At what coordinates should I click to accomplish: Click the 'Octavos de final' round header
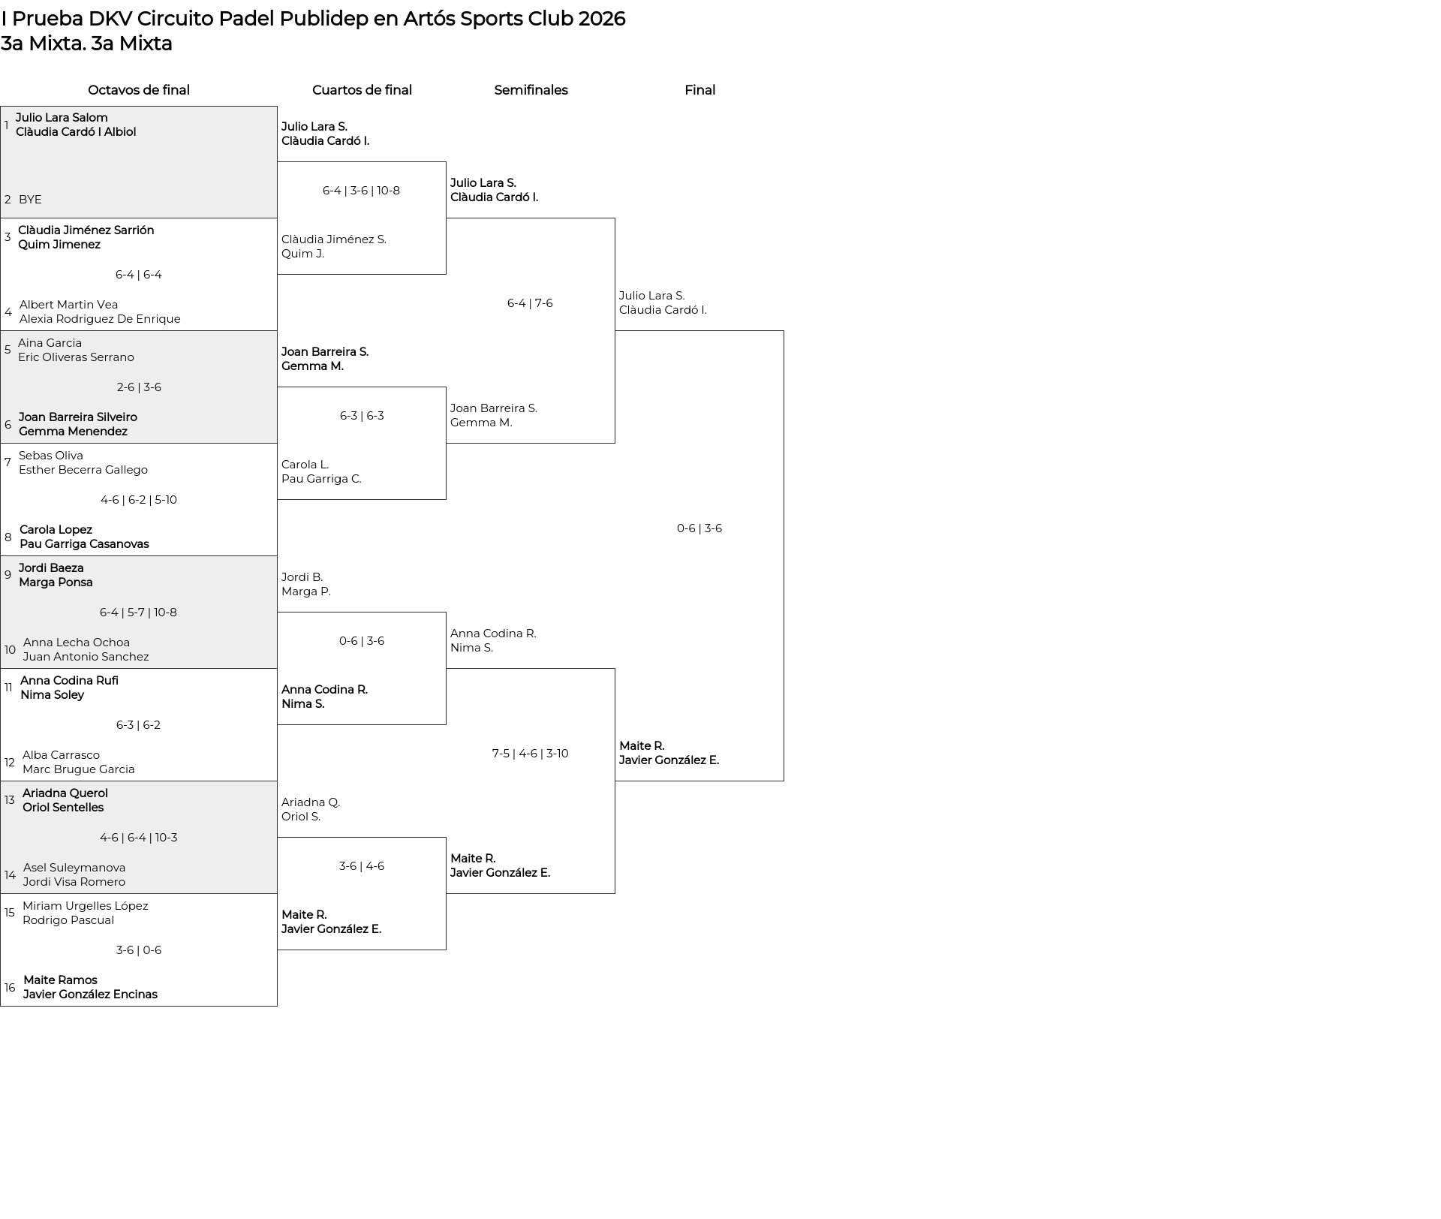(x=139, y=90)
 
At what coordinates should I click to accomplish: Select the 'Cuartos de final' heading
(x=362, y=90)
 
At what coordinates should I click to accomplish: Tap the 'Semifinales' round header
(x=531, y=90)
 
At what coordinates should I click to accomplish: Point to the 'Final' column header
(x=699, y=90)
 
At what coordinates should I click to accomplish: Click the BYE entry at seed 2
(x=30, y=200)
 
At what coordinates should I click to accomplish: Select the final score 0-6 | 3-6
(x=699, y=528)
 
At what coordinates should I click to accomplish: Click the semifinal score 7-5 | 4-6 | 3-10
(x=531, y=754)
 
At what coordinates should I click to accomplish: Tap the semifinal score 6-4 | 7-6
(x=530, y=303)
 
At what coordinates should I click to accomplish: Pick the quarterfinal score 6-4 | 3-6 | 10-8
(x=361, y=191)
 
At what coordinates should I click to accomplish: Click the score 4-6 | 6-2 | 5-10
(x=139, y=500)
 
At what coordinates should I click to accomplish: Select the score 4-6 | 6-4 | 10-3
(x=139, y=838)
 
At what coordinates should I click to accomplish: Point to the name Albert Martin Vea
(x=69, y=305)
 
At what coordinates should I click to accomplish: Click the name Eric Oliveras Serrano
(x=76, y=357)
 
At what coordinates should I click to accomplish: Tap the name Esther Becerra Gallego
(x=83, y=470)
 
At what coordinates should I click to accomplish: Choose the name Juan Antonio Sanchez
(x=86, y=657)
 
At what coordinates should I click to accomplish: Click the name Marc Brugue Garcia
(x=79, y=769)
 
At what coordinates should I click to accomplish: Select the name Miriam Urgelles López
(x=86, y=906)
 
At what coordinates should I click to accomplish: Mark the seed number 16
(x=10, y=988)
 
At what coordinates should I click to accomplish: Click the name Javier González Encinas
(x=90, y=995)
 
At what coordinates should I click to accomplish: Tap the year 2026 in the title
(x=601, y=19)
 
